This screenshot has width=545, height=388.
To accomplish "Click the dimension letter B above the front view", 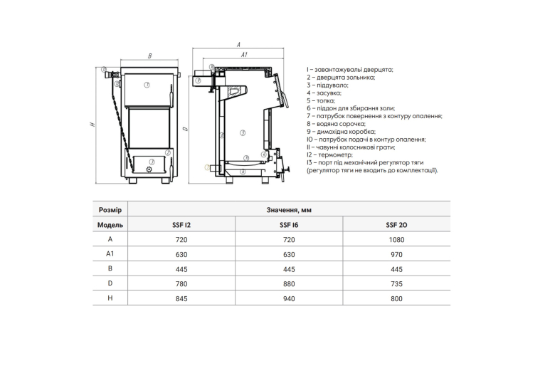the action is (150, 56).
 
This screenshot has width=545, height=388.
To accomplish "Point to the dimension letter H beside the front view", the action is (92, 124).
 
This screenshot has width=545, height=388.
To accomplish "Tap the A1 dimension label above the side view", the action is (244, 55).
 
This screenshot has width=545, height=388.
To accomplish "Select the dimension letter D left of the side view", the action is (185, 129).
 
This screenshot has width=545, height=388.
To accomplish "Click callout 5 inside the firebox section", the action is (243, 133).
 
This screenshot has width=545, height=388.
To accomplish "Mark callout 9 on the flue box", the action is (198, 80).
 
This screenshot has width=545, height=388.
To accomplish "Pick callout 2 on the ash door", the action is (168, 152).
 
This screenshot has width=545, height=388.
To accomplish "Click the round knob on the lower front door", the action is (149, 169).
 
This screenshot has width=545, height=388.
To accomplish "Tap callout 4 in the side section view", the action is (264, 154).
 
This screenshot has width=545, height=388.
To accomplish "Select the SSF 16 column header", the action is (289, 225).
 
